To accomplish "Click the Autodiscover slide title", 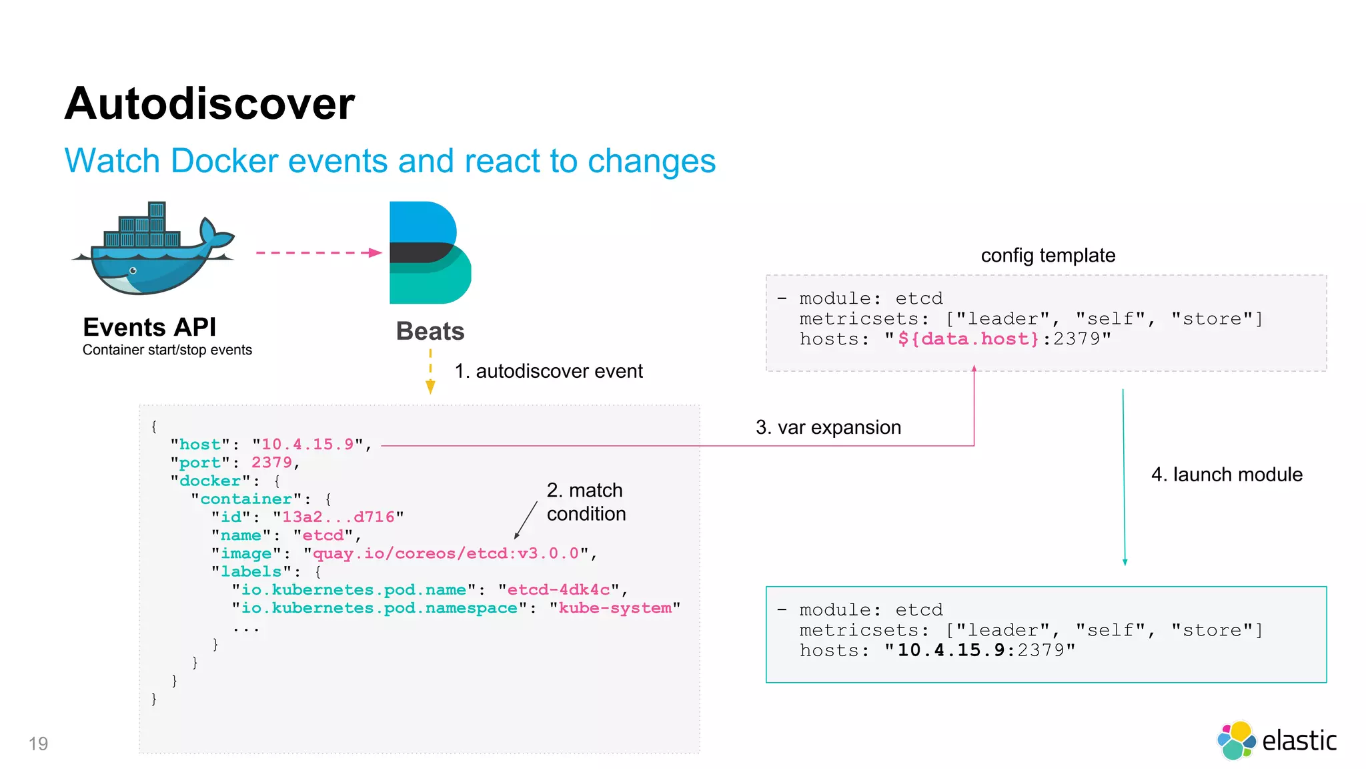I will (x=209, y=104).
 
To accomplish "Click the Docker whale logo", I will (x=153, y=250).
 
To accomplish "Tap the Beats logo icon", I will (x=430, y=253).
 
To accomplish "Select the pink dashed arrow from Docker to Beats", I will (x=317, y=253).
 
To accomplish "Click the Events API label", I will (x=149, y=327).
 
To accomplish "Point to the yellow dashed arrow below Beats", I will (x=430, y=373).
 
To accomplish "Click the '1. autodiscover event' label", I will (x=548, y=371).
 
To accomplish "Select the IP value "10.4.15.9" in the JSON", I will (x=307, y=445).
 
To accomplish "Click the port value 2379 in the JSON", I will (x=271, y=463).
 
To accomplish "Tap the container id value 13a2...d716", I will (x=338, y=517).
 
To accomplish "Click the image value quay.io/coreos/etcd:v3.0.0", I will (x=446, y=553).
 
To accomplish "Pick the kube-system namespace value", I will (x=615, y=608).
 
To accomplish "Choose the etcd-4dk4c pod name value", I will (x=558, y=590).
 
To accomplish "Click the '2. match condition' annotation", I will (x=586, y=502).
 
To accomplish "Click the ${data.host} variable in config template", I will (x=968, y=339).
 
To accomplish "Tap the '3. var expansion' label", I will (x=828, y=427).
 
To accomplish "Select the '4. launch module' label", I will (x=1226, y=475).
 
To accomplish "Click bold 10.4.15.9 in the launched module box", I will (x=950, y=650).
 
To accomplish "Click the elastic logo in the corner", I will (x=1277, y=740).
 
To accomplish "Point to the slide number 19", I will (x=39, y=744).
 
